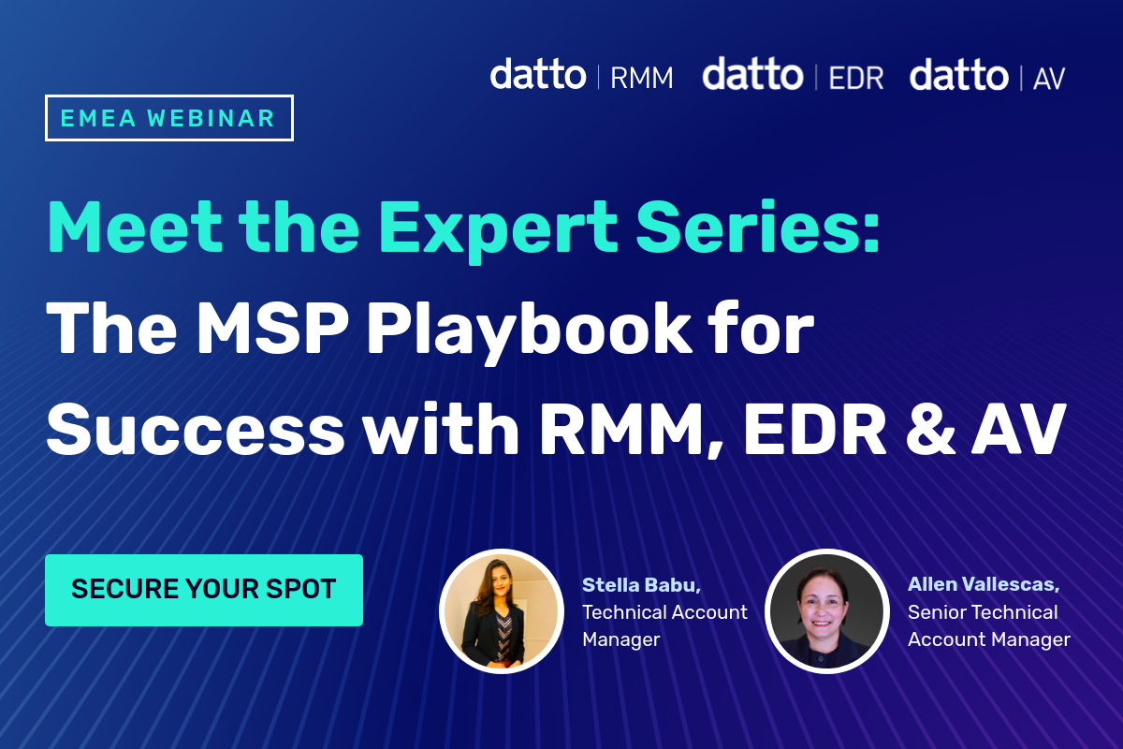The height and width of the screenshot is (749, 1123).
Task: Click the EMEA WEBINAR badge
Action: [x=169, y=119]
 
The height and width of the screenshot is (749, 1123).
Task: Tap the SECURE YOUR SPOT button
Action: [x=203, y=590]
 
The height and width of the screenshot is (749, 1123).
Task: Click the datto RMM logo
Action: [x=581, y=75]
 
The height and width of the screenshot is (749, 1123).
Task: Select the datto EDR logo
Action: [x=793, y=75]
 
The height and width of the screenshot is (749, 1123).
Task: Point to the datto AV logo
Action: [x=987, y=75]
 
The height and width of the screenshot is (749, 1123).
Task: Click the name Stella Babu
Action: [x=641, y=585]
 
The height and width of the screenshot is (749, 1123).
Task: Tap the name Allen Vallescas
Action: [x=983, y=585]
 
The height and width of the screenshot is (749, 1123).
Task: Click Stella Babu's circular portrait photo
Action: [x=499, y=609]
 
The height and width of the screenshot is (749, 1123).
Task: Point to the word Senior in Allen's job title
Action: [x=937, y=612]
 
